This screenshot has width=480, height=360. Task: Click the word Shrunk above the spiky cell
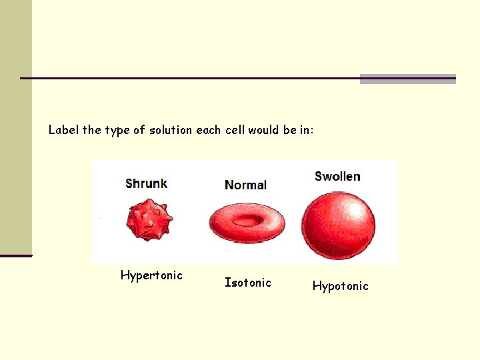pos(146,183)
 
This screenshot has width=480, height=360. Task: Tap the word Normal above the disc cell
pos(245,185)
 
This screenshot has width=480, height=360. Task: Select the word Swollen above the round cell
pos(337,177)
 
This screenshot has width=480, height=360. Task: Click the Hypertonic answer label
pos(151,275)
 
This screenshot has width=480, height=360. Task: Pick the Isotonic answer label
pos(248,283)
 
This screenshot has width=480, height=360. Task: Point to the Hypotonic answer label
pos(340,287)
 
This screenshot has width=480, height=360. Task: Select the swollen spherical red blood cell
pos(338,224)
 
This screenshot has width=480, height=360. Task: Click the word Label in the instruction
pos(63,130)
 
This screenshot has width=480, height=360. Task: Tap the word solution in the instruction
pos(171,130)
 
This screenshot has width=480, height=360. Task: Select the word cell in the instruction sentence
pos(235,130)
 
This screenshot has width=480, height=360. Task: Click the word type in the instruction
pos(117,131)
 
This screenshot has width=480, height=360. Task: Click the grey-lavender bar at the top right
pos(407,79)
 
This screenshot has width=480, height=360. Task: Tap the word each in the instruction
pos(209,130)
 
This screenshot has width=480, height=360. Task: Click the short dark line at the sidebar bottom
pos(16,255)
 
